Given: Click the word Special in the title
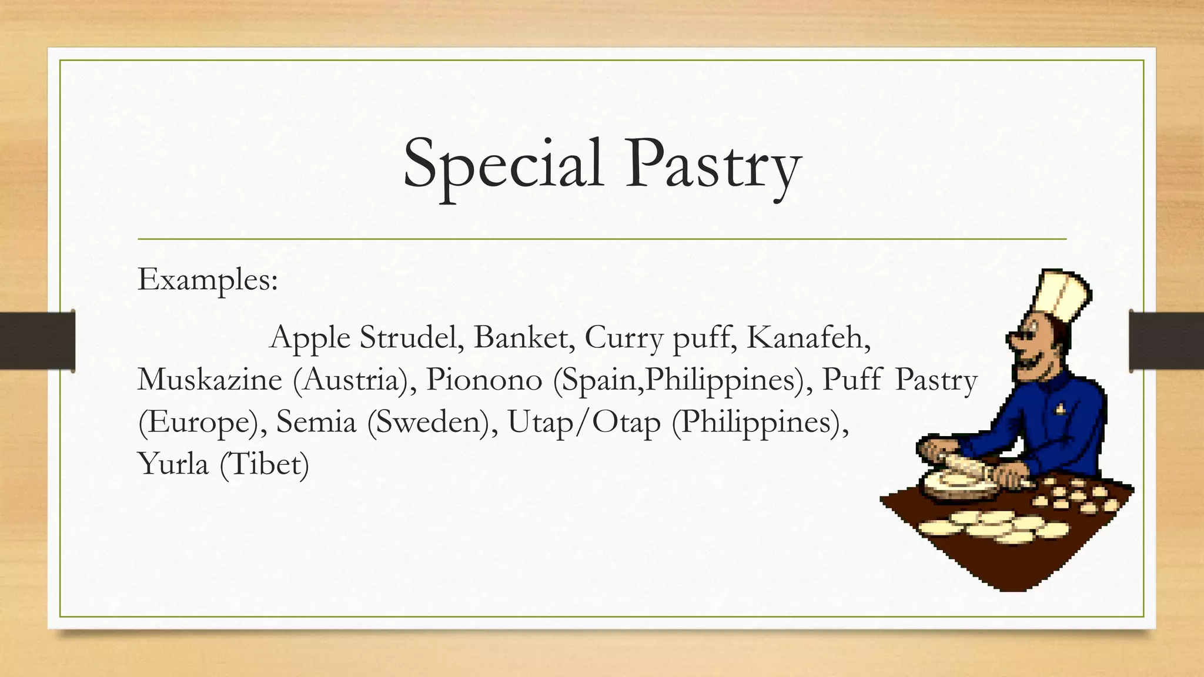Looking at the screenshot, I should point(503,165).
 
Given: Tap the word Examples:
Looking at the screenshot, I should point(208,280).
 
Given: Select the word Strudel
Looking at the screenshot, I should point(409,338).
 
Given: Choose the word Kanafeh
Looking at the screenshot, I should point(808,338).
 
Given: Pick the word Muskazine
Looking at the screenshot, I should point(210,380).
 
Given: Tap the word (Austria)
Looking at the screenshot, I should point(351,380).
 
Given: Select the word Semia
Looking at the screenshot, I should point(316,422).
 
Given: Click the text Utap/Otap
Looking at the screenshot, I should point(584,423).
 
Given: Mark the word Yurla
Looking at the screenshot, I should point(173,464).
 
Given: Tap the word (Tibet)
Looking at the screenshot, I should point(264,465).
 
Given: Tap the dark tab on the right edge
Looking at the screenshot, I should point(1166,341).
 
